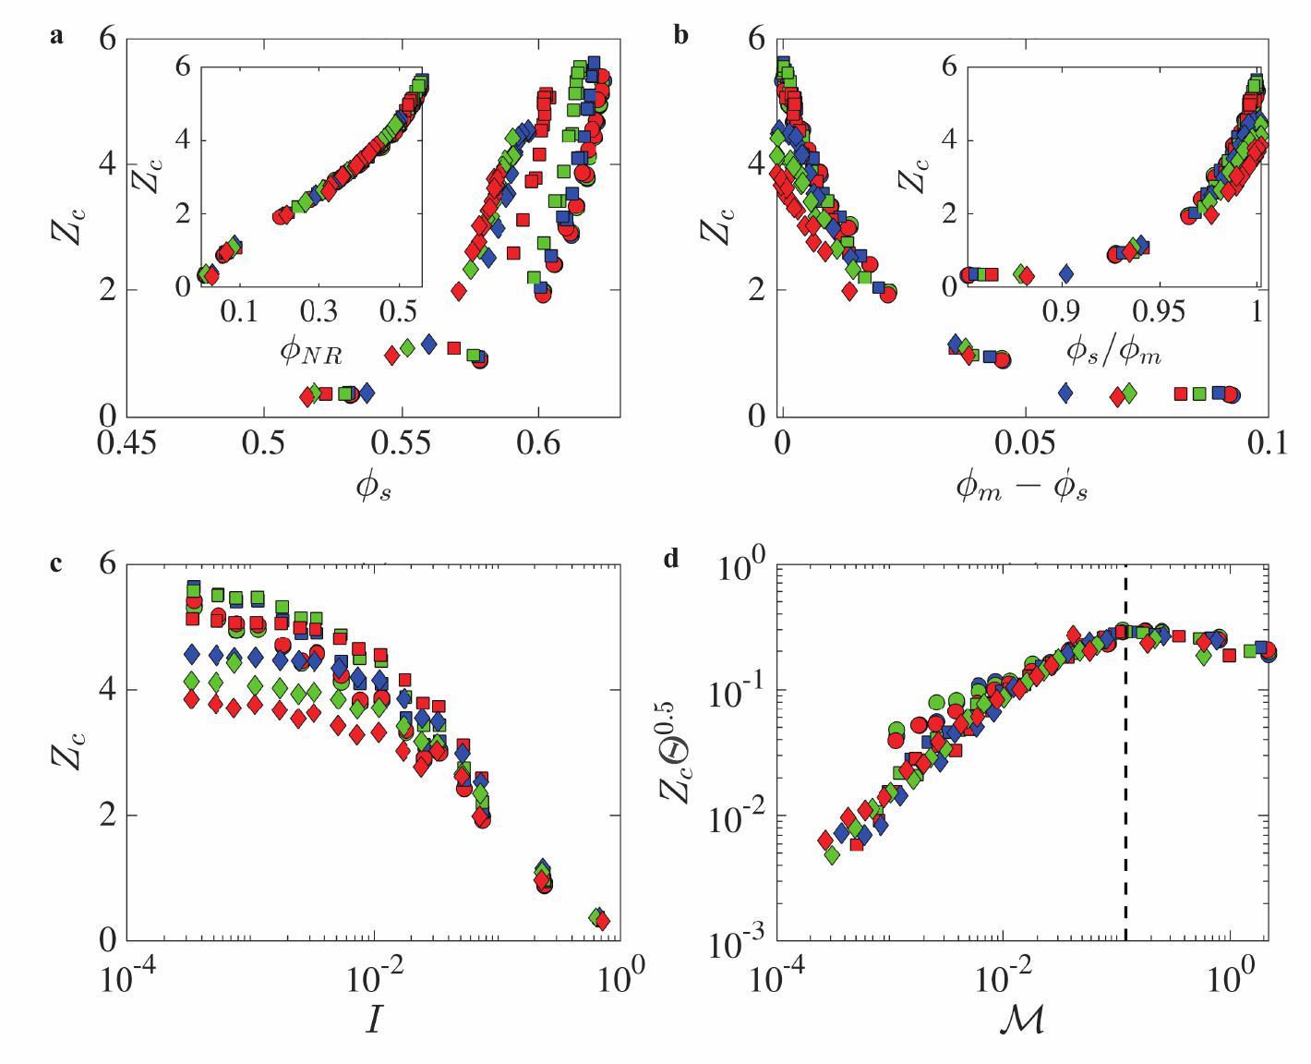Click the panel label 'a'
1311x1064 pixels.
[57, 38]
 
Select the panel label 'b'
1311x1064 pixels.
[682, 38]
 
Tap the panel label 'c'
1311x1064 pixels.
[57, 562]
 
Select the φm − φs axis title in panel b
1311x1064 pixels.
[1021, 488]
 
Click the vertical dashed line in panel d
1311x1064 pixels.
[1125, 757]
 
